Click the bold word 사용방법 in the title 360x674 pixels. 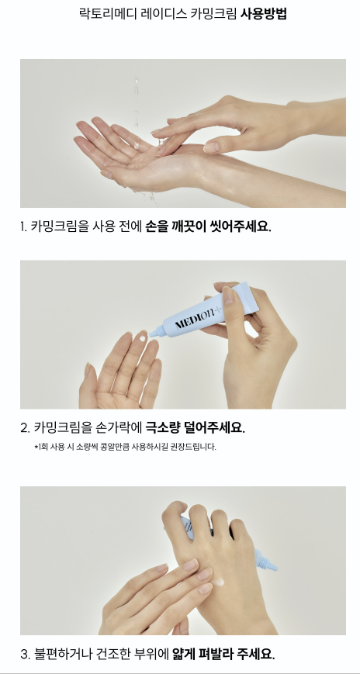[263, 14]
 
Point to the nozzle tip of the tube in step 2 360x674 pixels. [152, 334]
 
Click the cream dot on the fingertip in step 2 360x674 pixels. [143, 338]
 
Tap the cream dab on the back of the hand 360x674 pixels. [218, 582]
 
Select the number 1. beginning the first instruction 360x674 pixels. [23, 226]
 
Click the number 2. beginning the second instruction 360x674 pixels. [25, 428]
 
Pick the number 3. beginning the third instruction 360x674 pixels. [25, 655]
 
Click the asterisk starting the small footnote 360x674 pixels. [36, 447]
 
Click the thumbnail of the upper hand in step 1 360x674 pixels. [211, 147]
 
